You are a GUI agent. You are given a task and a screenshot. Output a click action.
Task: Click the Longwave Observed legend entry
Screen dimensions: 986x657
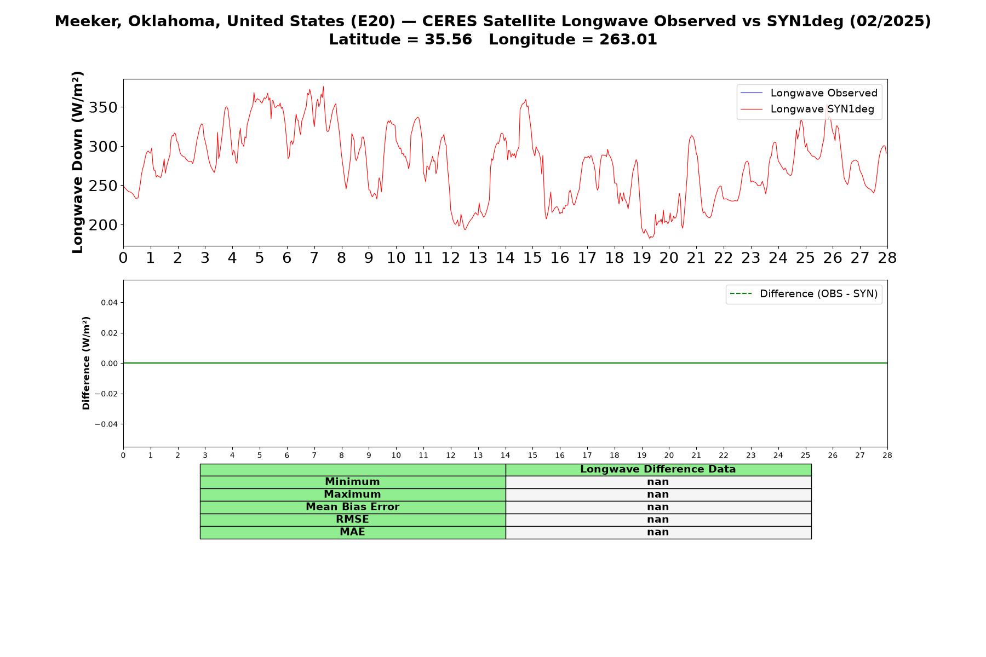809,93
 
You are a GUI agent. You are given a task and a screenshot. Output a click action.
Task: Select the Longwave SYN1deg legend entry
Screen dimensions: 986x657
807,109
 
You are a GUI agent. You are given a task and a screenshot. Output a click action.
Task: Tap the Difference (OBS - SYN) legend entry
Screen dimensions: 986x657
804,294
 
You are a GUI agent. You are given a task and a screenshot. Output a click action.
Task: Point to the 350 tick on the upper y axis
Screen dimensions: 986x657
103,107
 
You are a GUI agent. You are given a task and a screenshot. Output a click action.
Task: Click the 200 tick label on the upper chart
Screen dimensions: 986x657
103,225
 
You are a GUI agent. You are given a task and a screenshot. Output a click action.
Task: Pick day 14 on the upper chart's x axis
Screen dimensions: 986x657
505,258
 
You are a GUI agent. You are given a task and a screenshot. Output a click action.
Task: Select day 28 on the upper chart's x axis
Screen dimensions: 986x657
887,258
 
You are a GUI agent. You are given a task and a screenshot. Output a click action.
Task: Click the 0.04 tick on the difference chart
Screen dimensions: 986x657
108,303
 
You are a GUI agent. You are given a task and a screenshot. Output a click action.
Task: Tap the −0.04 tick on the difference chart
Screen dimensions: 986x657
106,424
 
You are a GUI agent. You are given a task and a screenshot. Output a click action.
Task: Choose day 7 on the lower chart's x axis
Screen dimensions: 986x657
314,456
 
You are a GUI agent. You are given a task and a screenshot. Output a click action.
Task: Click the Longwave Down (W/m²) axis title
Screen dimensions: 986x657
78,162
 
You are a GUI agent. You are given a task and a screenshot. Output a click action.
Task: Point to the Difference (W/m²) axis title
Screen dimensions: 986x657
86,363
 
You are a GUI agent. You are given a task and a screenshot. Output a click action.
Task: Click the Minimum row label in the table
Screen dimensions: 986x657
352,482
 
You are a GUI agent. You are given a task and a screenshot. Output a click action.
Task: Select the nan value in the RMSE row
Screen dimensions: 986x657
658,520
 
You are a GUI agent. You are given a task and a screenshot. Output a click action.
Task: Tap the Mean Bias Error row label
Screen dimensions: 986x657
352,507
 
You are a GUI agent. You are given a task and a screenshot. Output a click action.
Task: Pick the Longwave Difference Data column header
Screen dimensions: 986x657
658,469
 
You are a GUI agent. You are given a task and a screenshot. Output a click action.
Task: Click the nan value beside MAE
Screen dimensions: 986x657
658,532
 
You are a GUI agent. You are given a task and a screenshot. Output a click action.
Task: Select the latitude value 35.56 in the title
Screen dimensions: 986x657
448,39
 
